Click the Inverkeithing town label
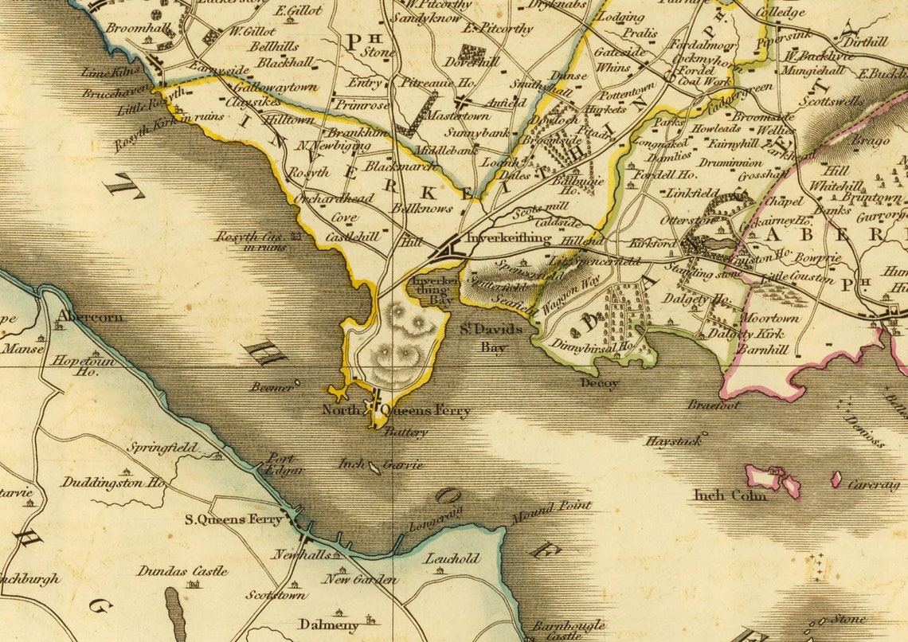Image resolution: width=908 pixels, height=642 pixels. (508, 237)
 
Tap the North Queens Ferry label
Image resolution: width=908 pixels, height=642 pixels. (396, 411)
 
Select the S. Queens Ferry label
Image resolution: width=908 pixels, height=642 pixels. (233, 519)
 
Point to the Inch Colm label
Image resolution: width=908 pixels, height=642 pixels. (730, 495)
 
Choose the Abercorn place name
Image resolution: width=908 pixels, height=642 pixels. (90, 316)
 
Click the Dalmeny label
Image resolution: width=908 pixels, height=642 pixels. (328, 624)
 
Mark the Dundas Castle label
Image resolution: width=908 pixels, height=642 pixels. (182, 571)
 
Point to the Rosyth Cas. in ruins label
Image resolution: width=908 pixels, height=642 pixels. (251, 241)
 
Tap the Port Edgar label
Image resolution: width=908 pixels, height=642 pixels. (286, 464)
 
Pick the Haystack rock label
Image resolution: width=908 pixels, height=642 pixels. (673, 440)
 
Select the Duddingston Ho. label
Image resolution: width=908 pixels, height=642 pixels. (113, 483)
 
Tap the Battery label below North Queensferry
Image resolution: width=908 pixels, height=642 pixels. (405, 433)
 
